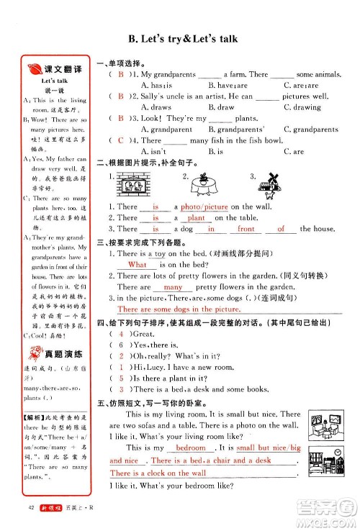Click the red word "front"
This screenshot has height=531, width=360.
pos(246,229)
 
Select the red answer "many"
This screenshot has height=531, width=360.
pos(174,286)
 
